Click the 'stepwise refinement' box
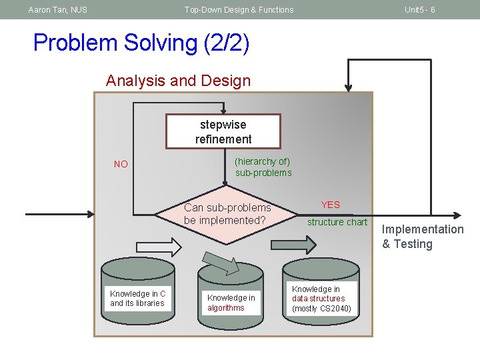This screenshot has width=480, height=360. click(223, 131)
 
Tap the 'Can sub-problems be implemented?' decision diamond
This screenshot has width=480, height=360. click(227, 214)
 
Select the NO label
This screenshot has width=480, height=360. click(121, 164)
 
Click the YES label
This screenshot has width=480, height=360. click(330, 205)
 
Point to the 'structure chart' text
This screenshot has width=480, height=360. click(337, 222)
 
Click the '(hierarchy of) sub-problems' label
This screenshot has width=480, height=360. click(263, 167)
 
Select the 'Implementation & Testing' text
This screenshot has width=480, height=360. click(422, 237)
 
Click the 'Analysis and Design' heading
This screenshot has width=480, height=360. click(178, 81)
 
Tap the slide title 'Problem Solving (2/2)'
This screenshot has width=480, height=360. click(141, 43)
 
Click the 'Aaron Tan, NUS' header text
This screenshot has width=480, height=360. click(57, 10)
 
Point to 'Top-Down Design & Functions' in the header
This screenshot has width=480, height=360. click(239, 10)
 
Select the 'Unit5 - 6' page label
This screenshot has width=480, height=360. click(420, 10)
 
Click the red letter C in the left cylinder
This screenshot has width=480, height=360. click(163, 294)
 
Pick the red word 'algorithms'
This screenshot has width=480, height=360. click(226, 308)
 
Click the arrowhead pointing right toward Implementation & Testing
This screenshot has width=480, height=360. click(457, 215)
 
